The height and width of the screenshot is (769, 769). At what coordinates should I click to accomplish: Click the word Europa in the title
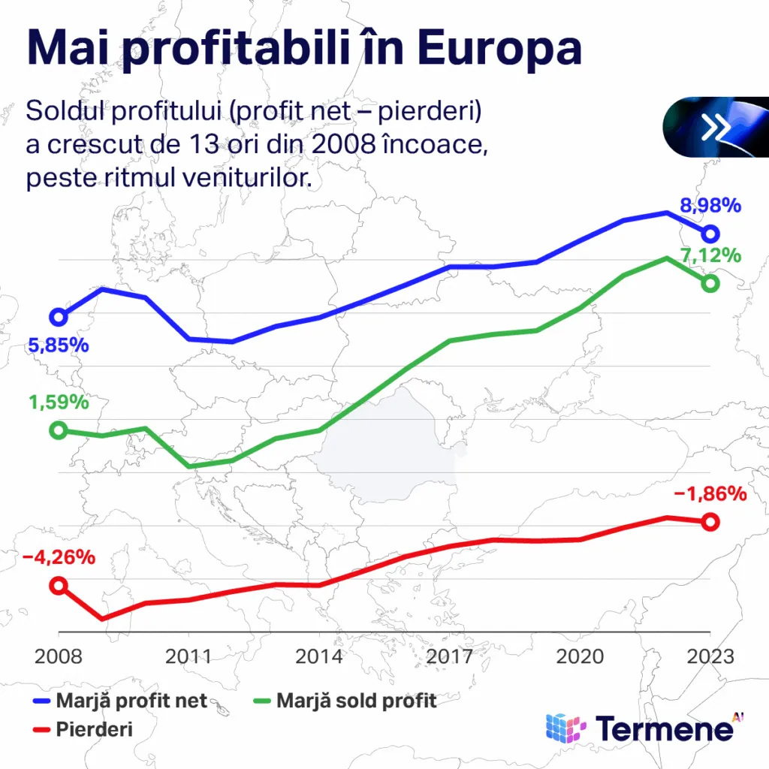[499, 49]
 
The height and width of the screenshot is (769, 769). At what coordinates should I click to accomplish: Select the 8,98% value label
[710, 205]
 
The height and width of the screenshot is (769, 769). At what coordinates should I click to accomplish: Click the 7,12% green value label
[710, 255]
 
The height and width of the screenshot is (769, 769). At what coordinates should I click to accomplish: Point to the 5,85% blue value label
[59, 346]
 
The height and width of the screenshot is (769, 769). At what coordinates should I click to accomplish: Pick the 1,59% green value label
[59, 402]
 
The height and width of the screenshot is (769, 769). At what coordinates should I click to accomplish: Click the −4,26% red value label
[59, 558]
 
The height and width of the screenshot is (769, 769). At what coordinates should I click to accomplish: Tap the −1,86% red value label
[710, 494]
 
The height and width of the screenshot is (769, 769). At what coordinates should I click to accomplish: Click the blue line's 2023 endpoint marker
[710, 234]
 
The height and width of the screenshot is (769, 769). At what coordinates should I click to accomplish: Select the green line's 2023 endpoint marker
[710, 283]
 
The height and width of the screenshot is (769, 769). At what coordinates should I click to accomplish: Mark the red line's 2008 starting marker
[58, 586]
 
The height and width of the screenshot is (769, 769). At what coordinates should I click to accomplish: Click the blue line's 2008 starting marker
[58, 317]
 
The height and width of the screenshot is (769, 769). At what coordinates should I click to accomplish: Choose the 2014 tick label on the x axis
[319, 656]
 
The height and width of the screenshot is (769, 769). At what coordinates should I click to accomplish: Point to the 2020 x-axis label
[580, 656]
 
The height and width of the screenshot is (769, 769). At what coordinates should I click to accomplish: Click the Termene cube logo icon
[565, 728]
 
